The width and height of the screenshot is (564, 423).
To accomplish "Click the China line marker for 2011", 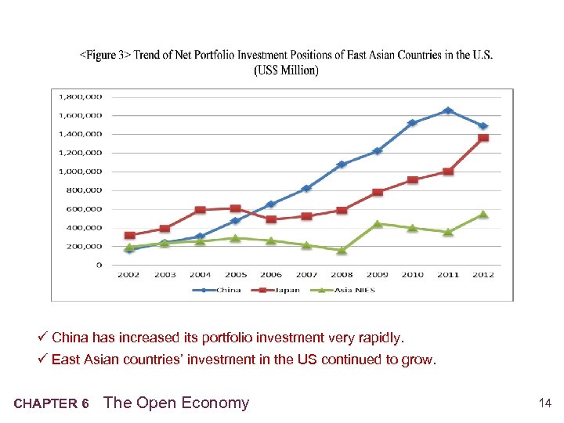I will (448, 110).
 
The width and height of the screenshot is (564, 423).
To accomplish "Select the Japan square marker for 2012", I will (483, 138).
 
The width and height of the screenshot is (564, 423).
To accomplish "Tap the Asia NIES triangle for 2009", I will (378, 224).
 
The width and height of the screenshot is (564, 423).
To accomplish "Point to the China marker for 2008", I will (342, 164).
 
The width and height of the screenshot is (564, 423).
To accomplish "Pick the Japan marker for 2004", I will (201, 210).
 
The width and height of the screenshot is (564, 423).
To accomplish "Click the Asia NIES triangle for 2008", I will (342, 251).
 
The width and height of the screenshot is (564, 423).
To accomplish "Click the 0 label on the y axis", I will (99, 265).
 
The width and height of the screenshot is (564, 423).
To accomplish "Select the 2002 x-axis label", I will (129, 275).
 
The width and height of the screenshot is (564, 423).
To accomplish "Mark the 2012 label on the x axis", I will (483, 275).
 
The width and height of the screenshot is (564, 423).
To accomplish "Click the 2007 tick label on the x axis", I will (306, 275).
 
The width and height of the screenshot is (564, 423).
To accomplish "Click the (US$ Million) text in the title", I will (286, 70).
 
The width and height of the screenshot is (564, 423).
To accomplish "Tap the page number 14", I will (545, 403).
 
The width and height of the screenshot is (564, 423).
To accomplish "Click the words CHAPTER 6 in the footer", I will (51, 404).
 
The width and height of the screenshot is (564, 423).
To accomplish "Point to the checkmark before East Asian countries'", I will (44, 360).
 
